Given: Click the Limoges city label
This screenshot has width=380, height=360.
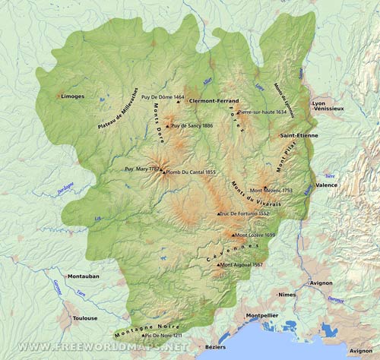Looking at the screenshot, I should [72, 96].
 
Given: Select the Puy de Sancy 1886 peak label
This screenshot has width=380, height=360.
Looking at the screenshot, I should [192, 125].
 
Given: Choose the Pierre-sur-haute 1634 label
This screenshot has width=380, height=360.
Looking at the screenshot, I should [262, 112].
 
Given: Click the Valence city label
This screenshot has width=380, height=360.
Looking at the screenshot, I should [326, 185].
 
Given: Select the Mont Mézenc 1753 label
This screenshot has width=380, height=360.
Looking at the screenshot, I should [271, 191].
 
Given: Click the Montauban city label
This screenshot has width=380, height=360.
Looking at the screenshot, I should [84, 276].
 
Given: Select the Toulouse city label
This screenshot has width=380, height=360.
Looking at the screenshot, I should [84, 318].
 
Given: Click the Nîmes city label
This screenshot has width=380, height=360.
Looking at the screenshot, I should [287, 294].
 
